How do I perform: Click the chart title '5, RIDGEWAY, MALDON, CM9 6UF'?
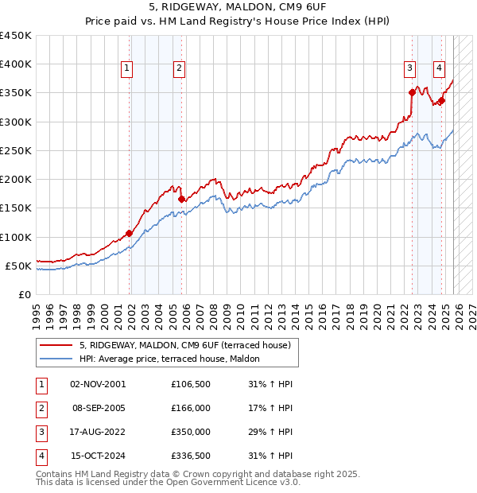click(x=238, y=6)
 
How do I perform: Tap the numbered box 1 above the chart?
click(x=126, y=69)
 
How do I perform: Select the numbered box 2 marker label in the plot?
click(x=180, y=69)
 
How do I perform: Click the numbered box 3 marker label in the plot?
click(x=410, y=69)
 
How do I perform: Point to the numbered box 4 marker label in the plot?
click(x=439, y=69)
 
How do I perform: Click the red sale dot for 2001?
click(x=129, y=233)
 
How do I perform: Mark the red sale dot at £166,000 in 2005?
click(x=182, y=199)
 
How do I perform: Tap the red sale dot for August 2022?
click(x=413, y=92)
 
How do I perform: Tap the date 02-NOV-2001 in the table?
click(x=97, y=384)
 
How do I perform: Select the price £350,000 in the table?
click(x=190, y=432)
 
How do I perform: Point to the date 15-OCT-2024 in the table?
click(x=97, y=456)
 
